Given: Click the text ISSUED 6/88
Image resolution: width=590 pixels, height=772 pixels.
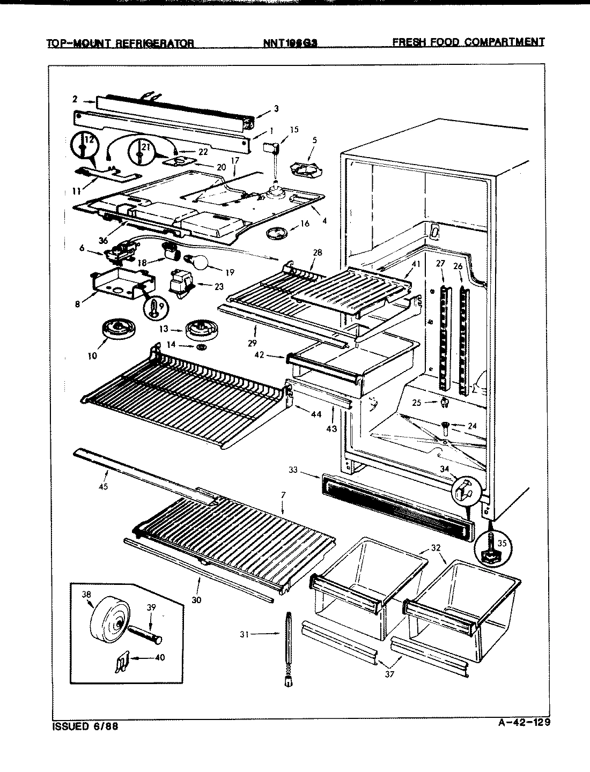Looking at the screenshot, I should click(85, 727).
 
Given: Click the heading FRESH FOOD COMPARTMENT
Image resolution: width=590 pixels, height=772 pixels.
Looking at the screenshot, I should click(468, 42).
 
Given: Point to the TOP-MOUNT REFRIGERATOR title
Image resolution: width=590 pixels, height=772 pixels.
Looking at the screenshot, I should click(121, 43).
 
